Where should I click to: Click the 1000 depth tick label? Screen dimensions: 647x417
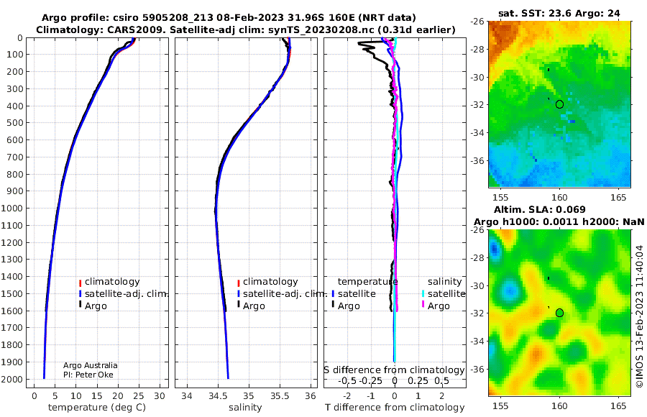[13, 208]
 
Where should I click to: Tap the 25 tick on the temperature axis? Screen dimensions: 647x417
[139, 396]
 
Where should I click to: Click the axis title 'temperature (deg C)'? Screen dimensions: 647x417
[97, 408]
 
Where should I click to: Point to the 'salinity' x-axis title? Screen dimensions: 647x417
[245, 408]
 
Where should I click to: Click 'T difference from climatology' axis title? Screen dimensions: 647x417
[395, 408]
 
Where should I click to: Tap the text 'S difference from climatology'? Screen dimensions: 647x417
[394, 370]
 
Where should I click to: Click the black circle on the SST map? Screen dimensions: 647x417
[559, 104]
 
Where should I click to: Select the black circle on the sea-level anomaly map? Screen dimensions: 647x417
[559, 313]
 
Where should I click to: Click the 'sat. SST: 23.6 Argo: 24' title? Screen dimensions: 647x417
[559, 13]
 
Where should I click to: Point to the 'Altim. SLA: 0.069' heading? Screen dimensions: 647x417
[540, 210]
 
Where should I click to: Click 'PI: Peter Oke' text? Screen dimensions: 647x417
[88, 375]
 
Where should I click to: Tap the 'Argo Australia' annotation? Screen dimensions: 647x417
[91, 365]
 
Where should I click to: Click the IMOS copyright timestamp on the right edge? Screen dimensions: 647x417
[640, 316]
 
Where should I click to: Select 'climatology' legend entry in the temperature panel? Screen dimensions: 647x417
[109, 282]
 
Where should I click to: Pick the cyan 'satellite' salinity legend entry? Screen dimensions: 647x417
[443, 294]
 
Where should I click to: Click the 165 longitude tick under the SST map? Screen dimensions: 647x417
[618, 198]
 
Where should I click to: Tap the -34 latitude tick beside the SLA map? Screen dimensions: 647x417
[478, 341]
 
